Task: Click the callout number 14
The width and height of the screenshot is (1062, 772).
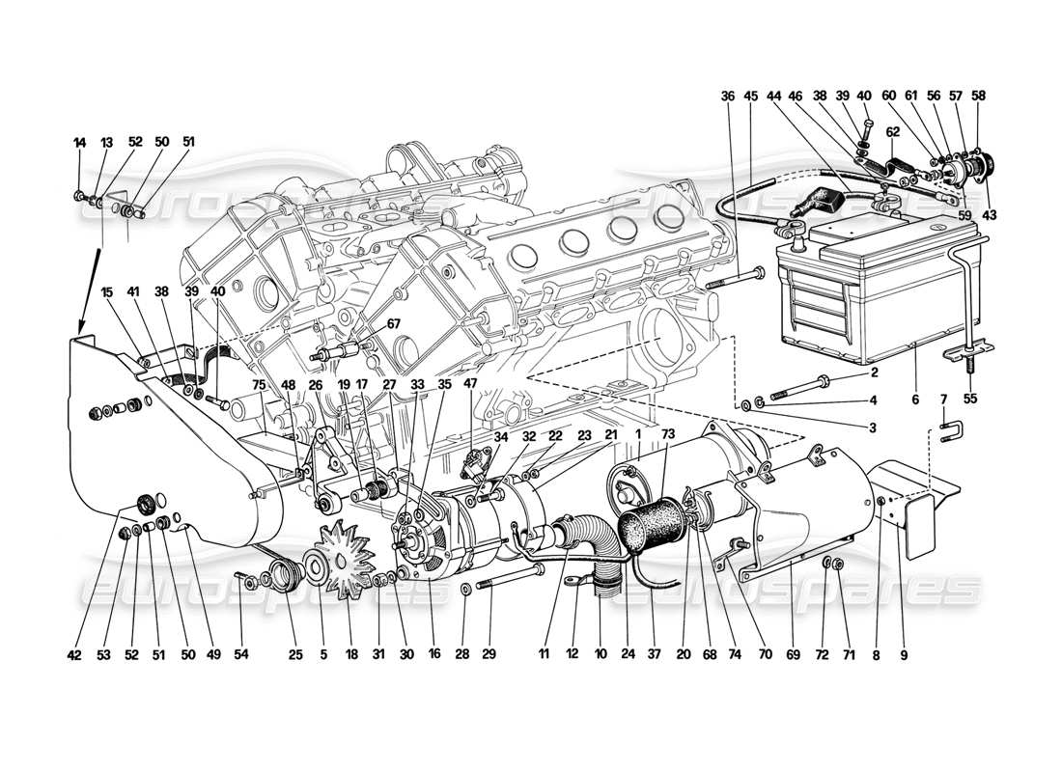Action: (x=79, y=142)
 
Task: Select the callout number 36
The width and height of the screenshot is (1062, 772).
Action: (x=727, y=96)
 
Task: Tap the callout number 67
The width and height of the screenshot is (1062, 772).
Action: (x=366, y=323)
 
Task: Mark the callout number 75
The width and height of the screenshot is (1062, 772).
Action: (x=259, y=383)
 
